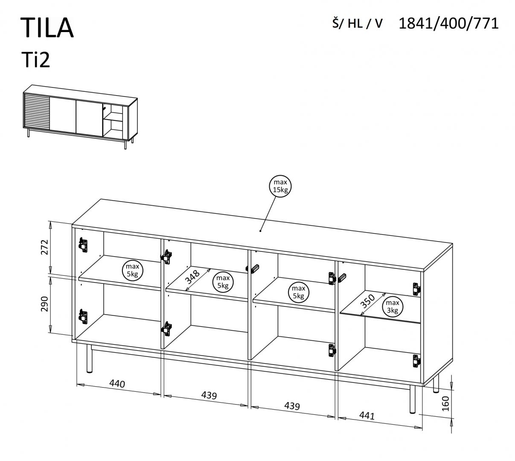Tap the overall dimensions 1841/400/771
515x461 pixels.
click(x=448, y=23)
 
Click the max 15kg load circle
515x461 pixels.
click(x=280, y=186)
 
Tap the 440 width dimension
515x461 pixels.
click(x=117, y=383)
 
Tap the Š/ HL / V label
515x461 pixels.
click(x=357, y=24)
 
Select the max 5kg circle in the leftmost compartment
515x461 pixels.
click(x=133, y=271)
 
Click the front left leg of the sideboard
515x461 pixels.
click(x=89, y=359)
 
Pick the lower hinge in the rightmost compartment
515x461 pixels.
click(x=416, y=361)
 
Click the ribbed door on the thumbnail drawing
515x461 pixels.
click(x=37, y=112)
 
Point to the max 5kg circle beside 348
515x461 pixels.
click(x=222, y=282)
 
